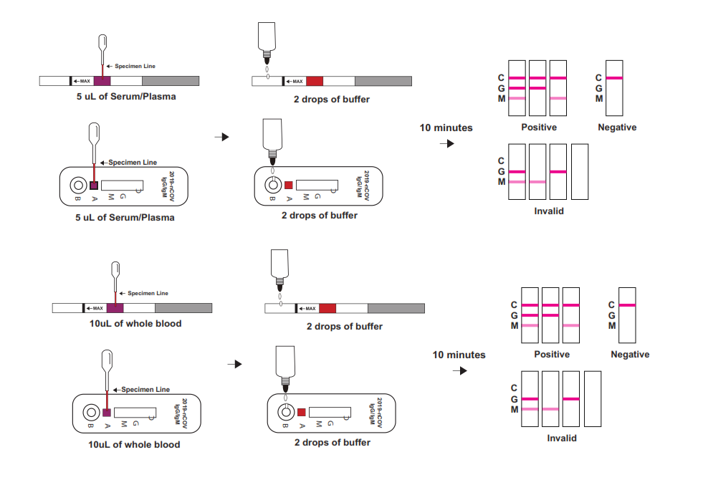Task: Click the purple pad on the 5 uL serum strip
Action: (x=102, y=81)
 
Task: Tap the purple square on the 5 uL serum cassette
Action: (x=93, y=185)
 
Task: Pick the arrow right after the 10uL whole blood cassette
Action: (x=234, y=364)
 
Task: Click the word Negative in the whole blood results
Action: (x=630, y=355)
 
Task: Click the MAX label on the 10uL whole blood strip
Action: (x=95, y=308)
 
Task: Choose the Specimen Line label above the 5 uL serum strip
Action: (x=140, y=66)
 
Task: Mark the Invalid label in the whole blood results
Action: (x=562, y=438)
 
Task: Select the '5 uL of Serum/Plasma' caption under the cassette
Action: (x=125, y=217)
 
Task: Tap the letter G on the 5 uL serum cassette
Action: (x=123, y=196)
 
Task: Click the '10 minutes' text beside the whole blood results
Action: (x=459, y=355)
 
